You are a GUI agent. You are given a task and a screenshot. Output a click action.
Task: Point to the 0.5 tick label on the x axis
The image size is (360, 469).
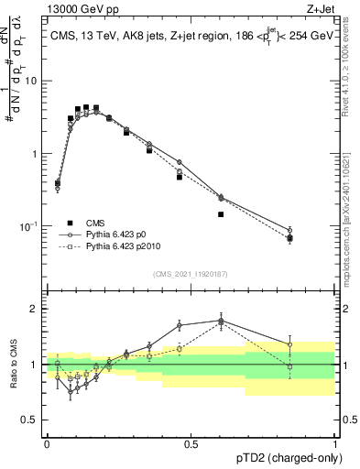(x=191, y=444)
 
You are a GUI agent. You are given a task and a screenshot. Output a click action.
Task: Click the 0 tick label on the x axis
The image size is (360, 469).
(x=47, y=444)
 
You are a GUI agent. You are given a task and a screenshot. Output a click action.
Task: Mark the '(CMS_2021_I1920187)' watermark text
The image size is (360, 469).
(x=191, y=273)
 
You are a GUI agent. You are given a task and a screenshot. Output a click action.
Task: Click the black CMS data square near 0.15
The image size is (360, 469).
(x=86, y=107)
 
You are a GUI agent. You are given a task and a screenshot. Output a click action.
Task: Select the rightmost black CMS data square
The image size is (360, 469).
(x=290, y=238)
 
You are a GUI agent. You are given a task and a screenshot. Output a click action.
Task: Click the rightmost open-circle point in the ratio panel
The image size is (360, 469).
(x=290, y=345)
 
